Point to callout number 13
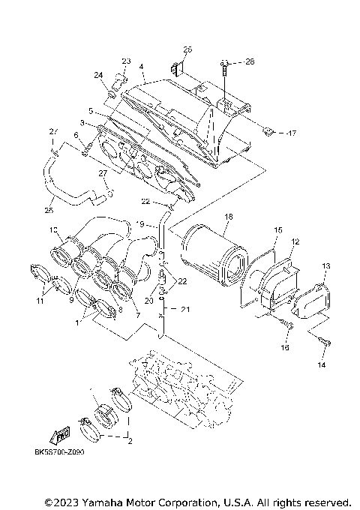point(325,266)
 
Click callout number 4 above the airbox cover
point(141,66)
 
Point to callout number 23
point(126,61)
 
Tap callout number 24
point(98,75)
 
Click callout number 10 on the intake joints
point(53,229)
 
